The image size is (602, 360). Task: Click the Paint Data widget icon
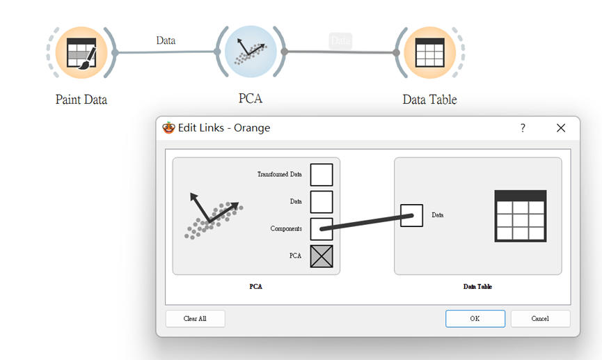(81, 52)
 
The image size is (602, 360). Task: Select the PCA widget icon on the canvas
(251, 52)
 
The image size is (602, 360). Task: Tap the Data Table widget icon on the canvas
(429, 52)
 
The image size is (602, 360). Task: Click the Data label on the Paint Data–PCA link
(166, 40)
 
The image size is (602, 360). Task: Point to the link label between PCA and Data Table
(340, 41)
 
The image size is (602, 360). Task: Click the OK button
(475, 318)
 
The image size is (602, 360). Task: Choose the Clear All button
(195, 318)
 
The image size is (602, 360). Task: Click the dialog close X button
(561, 128)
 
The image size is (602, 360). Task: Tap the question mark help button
(523, 128)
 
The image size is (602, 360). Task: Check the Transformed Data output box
(322, 175)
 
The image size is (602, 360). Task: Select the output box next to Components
(322, 229)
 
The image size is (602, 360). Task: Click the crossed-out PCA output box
(322, 256)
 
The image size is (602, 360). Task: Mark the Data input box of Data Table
(411, 215)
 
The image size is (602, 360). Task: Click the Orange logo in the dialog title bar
(168, 128)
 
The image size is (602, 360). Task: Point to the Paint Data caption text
(81, 100)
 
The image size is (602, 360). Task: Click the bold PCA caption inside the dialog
(255, 286)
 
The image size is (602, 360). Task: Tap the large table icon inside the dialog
(520, 216)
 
